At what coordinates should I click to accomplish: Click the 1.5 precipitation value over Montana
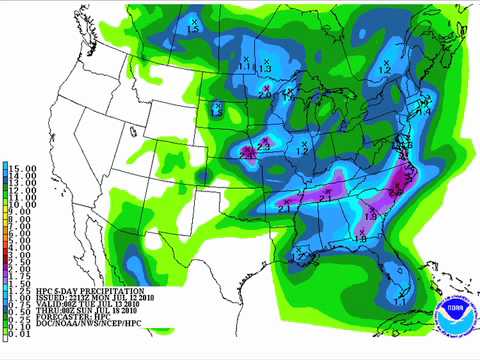pyautogui.click(x=194, y=29)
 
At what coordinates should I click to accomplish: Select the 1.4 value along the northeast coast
pyautogui.click(x=423, y=112)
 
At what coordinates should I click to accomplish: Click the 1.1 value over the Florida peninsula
pyautogui.click(x=401, y=299)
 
